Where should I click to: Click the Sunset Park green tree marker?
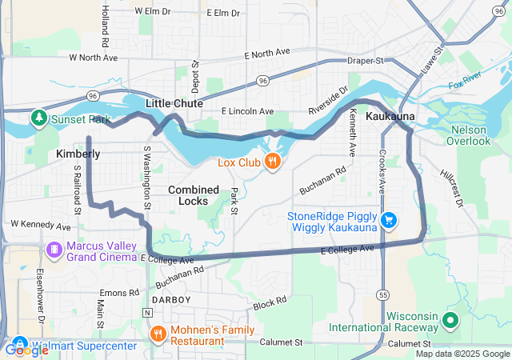38,119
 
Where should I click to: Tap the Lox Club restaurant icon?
274,162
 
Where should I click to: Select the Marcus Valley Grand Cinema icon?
54,250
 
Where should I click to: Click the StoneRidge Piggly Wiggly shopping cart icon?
389,219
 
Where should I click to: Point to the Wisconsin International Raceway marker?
450,321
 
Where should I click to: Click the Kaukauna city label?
390,117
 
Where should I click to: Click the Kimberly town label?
78,153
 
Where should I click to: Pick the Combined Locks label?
194,195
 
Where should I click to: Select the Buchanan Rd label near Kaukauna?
322,181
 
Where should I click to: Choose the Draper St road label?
366,61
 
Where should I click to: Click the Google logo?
26,350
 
